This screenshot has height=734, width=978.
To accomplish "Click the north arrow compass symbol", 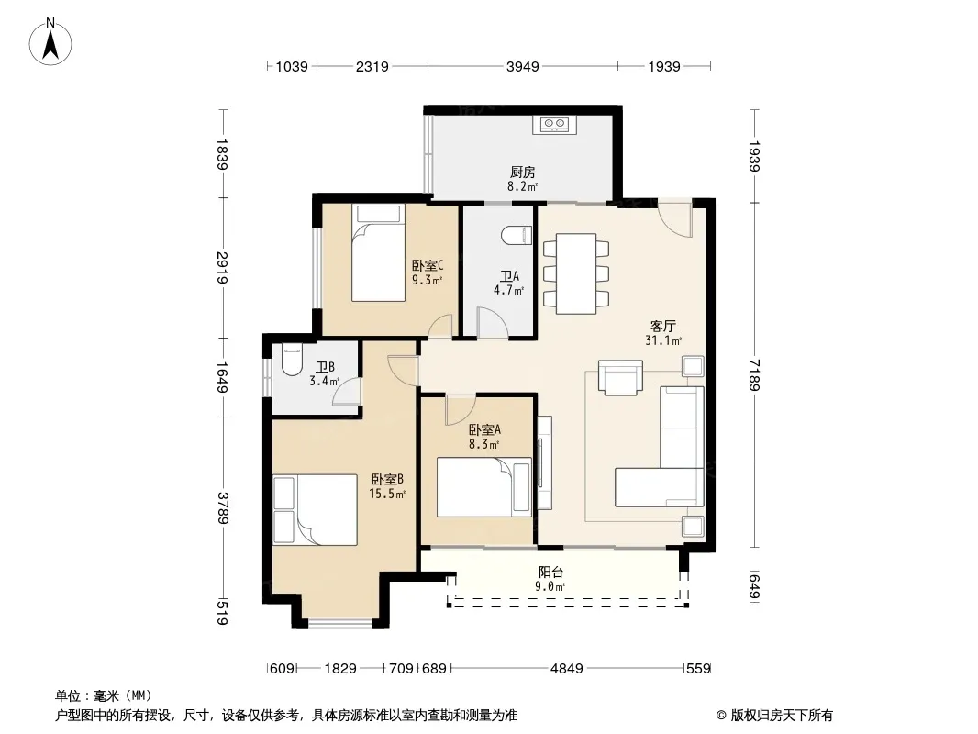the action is click(50, 42).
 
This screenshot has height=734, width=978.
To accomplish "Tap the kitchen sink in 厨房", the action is click(554, 124).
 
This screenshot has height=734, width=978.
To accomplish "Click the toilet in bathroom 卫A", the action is click(517, 235).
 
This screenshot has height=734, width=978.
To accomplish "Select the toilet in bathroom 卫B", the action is click(291, 360).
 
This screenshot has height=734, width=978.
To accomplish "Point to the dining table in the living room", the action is click(575, 273).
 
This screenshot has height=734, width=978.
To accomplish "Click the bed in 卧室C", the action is click(378, 252).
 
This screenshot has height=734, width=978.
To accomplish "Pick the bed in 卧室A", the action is click(484, 487).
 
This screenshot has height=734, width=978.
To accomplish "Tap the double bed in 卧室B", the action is click(315, 509).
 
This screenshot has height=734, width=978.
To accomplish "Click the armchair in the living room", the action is click(620, 377).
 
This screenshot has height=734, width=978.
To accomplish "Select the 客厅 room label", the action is click(663, 326).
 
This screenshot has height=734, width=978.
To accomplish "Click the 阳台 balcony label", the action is click(550, 572).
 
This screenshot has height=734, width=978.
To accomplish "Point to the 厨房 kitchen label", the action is click(523, 172).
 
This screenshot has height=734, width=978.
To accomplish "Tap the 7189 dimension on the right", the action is click(754, 374).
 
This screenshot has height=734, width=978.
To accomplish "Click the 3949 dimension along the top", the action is click(522, 66).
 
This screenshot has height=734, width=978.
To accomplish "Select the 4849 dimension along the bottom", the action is click(566, 669).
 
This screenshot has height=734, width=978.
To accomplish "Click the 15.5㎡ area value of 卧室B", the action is click(387, 495).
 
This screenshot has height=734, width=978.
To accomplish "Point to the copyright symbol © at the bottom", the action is click(721, 716).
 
